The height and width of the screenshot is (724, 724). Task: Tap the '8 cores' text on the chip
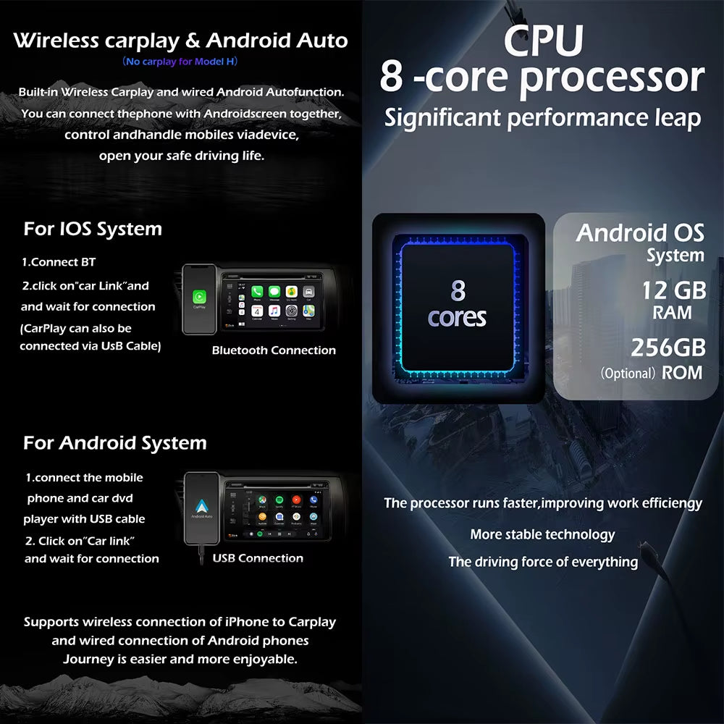click(x=457, y=304)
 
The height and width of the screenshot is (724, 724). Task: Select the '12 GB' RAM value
click(x=673, y=290)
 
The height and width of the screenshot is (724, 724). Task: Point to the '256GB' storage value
click(x=668, y=348)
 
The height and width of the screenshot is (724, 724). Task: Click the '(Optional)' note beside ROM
click(x=628, y=374)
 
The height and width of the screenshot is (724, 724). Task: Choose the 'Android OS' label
click(x=640, y=233)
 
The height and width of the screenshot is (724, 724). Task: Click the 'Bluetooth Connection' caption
click(x=274, y=350)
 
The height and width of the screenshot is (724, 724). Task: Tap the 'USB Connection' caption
click(x=258, y=558)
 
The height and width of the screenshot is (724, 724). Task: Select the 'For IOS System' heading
click(x=93, y=230)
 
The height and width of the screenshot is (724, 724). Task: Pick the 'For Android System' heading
click(x=114, y=443)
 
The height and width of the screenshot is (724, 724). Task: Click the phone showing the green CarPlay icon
click(x=198, y=298)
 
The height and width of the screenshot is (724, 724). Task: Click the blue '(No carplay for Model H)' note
click(x=180, y=62)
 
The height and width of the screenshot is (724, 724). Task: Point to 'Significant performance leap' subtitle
click(x=542, y=117)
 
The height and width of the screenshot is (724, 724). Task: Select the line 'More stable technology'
click(x=542, y=535)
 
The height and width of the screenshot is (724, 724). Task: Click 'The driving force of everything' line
click(x=543, y=562)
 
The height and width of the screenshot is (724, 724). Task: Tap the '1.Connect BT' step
click(x=59, y=262)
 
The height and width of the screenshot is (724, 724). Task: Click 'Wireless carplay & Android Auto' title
click(x=180, y=41)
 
